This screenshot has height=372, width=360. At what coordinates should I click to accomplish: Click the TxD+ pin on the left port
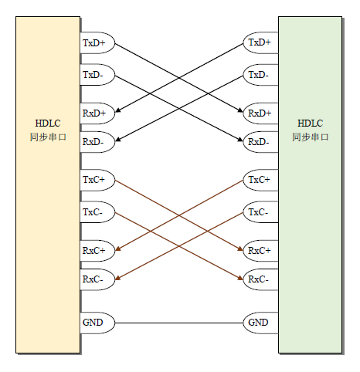pos(97,42)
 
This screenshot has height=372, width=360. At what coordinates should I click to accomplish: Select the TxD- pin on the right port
pos(260,75)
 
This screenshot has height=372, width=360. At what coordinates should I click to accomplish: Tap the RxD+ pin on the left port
pos(97,113)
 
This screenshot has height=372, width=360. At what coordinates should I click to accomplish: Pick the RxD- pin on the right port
pos(260,142)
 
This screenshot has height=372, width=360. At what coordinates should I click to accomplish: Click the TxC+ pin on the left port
pos(97,180)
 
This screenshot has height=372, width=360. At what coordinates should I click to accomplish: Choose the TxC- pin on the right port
pos(260,212)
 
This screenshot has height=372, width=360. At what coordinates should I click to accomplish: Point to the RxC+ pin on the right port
pos(260,251)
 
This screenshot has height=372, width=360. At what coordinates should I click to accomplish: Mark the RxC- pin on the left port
pos(97,279)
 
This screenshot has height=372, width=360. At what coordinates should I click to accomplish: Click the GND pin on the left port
pos(97,323)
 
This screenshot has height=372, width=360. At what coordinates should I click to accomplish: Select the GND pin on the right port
pos(260,323)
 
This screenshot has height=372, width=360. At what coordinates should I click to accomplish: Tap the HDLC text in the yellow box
pos(48,123)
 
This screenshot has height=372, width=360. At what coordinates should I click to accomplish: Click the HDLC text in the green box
pos(311,123)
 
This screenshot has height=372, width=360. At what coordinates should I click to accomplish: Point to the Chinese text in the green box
pos(311,137)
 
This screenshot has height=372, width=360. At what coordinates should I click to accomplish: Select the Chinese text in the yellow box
pos(48,137)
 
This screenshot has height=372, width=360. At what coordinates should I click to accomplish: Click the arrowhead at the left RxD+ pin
pos(117,110)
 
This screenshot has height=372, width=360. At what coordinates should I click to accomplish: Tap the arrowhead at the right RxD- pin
pos(240,139)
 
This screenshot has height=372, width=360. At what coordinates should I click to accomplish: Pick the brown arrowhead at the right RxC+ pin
pos(240,249)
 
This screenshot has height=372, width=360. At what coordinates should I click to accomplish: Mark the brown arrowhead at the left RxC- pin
pos(117,277)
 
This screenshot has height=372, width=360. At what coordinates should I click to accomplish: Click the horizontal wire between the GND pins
pos(179,323)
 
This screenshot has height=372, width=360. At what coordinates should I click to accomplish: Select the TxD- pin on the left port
pos(97,75)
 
